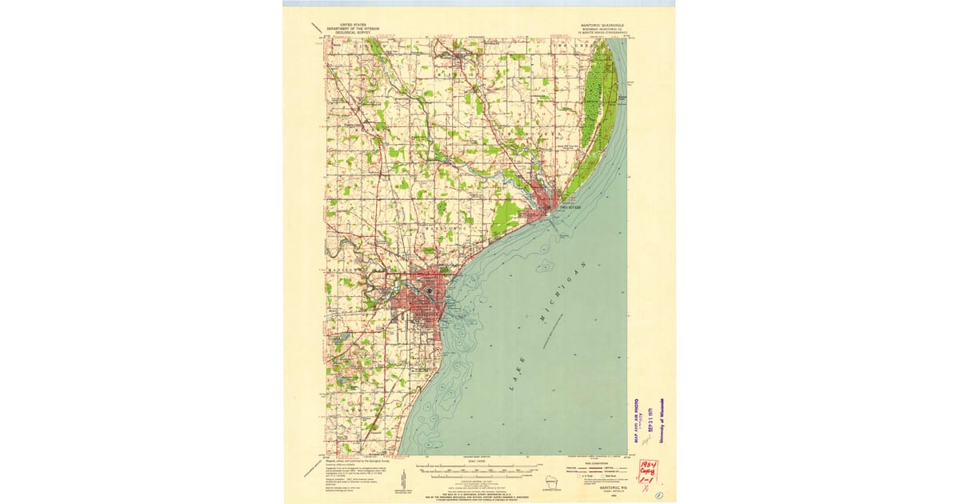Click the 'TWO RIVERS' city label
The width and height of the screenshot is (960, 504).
tap(568, 207)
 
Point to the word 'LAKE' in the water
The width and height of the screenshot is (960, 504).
tap(518, 376)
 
